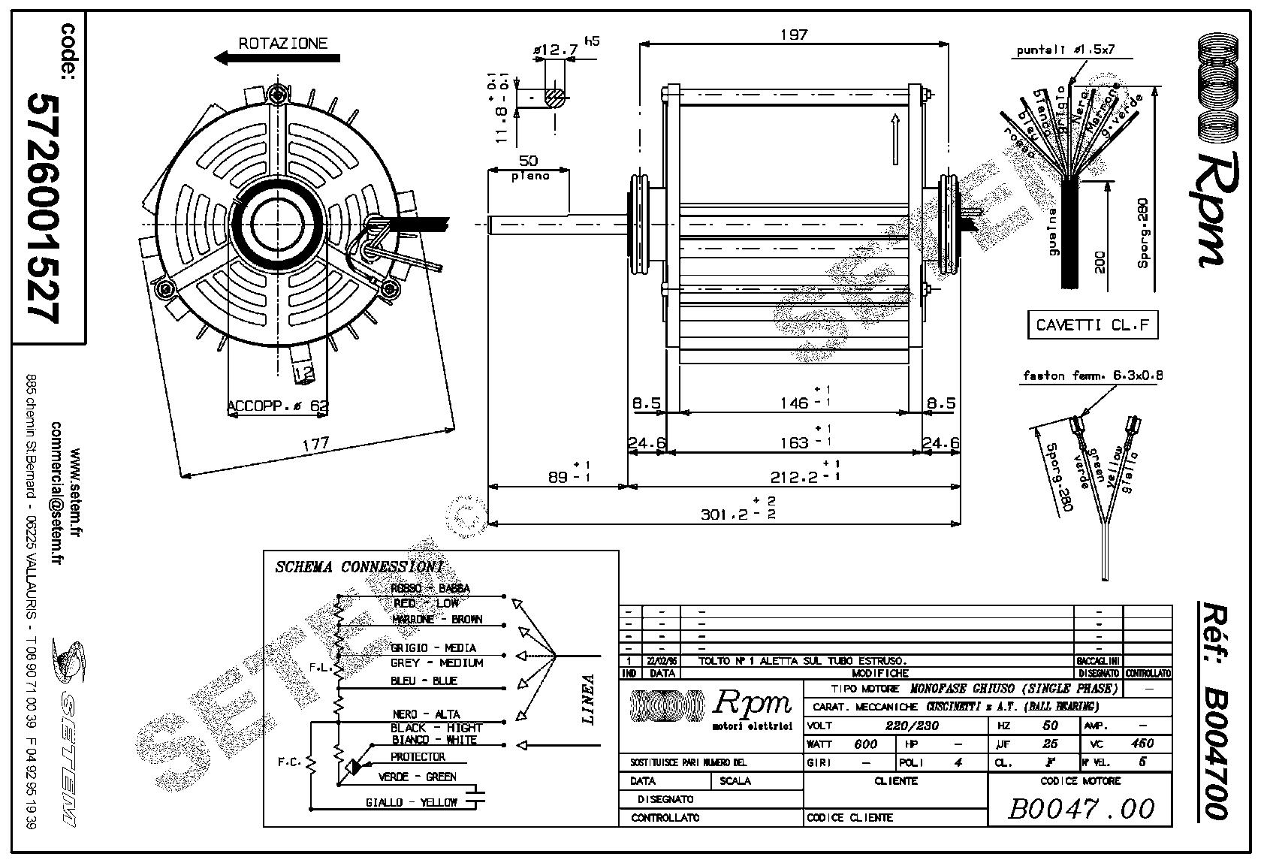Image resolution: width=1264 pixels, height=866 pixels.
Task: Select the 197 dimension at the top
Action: click(x=793, y=35)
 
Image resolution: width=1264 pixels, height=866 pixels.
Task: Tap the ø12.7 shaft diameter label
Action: click(x=555, y=50)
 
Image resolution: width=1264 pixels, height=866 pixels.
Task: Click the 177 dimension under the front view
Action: click(x=315, y=444)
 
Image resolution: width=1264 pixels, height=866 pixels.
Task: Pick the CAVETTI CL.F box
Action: click(x=1092, y=324)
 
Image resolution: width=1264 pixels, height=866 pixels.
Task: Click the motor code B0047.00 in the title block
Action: click(x=1080, y=808)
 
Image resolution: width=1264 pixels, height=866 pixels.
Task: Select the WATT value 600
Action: click(x=865, y=744)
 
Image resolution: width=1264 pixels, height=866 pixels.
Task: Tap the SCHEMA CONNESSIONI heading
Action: click(x=359, y=566)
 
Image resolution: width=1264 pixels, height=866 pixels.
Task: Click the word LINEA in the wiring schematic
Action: click(x=589, y=699)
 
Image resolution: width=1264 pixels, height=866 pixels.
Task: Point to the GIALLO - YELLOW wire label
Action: click(x=411, y=802)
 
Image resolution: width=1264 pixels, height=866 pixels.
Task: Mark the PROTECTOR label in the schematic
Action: click(x=418, y=756)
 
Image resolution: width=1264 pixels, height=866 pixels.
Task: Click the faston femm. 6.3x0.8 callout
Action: click(x=1092, y=375)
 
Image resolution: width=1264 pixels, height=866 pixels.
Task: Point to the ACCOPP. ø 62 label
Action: click(x=278, y=406)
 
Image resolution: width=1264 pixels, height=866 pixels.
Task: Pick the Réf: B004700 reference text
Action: click(x=1211, y=710)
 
